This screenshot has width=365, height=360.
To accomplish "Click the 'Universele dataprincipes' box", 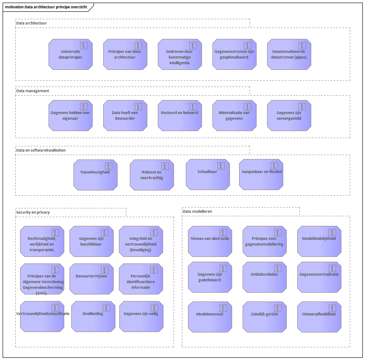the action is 70,55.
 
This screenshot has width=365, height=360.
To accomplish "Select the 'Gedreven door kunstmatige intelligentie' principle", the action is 180,55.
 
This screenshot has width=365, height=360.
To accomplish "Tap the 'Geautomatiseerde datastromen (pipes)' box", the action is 289,55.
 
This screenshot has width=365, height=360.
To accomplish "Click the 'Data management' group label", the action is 33,91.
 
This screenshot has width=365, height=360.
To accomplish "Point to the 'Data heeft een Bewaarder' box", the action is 125,116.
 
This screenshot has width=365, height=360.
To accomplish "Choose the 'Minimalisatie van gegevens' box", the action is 234,116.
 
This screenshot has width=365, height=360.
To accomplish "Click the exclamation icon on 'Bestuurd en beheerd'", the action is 193,107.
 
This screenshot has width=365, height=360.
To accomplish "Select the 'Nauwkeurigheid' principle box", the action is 95,175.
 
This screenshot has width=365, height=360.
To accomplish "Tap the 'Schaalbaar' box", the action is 208,174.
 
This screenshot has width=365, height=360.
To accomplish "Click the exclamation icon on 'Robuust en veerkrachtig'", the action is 165,166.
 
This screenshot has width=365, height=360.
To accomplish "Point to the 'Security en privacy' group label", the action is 33,212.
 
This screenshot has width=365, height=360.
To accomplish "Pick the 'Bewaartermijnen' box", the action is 91,279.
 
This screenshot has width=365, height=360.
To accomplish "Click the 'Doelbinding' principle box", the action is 94,316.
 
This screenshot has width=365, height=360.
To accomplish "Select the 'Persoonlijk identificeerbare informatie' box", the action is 141,279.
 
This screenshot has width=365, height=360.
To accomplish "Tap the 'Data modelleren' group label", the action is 197,211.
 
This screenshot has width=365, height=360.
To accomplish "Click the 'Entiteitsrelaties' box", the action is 264,277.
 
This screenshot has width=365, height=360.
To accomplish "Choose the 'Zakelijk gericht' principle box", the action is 264,317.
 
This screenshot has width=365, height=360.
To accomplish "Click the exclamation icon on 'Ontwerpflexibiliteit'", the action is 332,308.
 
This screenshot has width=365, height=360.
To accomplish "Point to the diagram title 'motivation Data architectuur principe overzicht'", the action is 46,7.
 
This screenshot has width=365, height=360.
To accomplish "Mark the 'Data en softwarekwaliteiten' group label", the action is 41,150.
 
